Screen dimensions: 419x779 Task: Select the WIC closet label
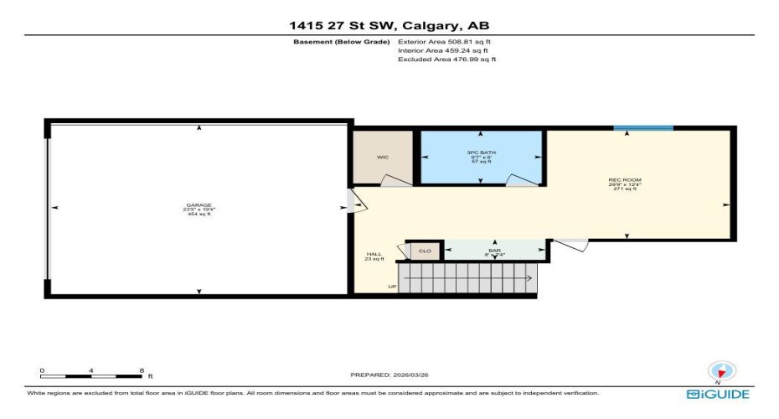(x=383, y=157)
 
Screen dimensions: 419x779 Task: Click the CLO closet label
(x=425, y=251)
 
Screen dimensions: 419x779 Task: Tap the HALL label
(x=374, y=255)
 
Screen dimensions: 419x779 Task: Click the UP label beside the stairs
(x=391, y=287)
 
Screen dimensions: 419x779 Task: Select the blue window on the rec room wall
(x=642, y=128)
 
